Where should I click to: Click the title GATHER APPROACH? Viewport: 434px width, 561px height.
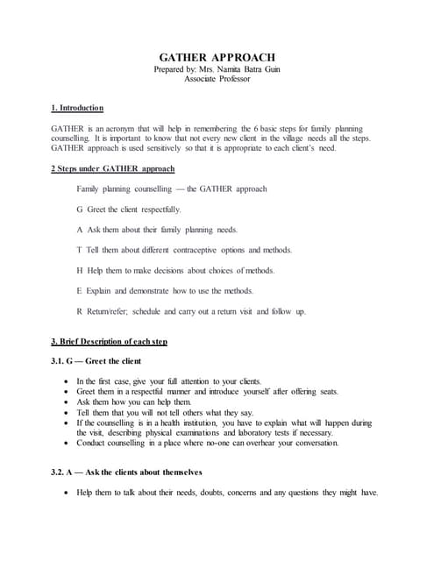pos(216,56)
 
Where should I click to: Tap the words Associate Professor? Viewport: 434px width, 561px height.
pos(217,79)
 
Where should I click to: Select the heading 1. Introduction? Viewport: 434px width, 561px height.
pos(77,108)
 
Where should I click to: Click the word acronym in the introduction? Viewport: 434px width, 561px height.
pos(115,128)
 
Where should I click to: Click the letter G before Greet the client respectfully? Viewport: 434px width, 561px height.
pos(81,209)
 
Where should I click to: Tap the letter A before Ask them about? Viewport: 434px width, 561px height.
pos(81,230)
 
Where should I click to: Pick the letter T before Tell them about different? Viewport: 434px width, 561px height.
pos(81,250)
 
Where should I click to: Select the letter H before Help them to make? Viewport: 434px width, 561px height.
pos(81,270)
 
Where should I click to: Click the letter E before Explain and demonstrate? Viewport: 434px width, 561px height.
pos(81,290)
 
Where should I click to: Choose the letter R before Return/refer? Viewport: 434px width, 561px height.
pos(81,311)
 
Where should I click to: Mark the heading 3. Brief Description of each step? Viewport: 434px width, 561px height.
pos(109,341)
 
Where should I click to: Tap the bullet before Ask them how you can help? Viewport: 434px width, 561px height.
pos(68,402)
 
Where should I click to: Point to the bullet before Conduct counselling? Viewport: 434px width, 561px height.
pos(68,443)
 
